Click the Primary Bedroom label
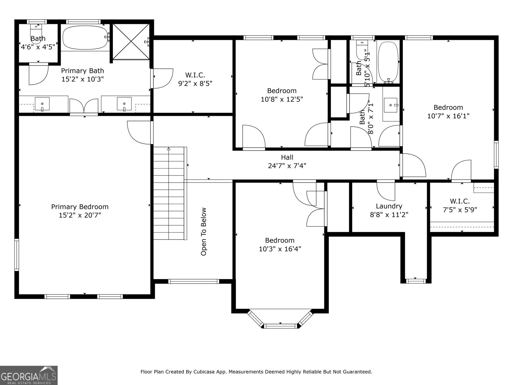click(80, 207)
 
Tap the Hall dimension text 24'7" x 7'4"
click(287, 166)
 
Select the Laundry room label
click(389, 206)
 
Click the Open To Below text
click(204, 232)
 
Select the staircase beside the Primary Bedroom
click(169, 194)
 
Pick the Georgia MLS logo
click(29, 375)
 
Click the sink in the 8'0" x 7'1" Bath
click(391, 105)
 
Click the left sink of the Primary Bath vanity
click(42, 104)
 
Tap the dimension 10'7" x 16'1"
click(448, 116)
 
